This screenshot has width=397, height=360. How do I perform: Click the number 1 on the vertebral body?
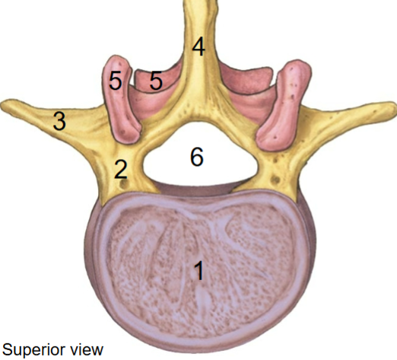[x=199, y=271]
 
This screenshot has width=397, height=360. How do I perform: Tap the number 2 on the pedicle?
[x=121, y=169]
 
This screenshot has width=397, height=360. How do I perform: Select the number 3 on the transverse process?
[x=59, y=121]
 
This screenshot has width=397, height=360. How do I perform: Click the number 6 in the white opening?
[x=197, y=157]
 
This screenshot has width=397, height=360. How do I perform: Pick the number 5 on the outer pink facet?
[x=116, y=80]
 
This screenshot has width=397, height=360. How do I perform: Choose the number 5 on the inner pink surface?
[x=156, y=80]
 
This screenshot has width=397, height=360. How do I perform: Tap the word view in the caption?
[x=87, y=349]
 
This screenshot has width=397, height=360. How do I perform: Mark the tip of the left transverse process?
[x=2, y=104]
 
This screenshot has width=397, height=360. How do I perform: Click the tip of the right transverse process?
[x=395, y=107]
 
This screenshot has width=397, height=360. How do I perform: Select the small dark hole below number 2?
[x=124, y=184]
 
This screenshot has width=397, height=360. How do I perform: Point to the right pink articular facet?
[x=284, y=107]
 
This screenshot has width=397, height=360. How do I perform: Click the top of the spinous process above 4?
[x=200, y=2]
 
